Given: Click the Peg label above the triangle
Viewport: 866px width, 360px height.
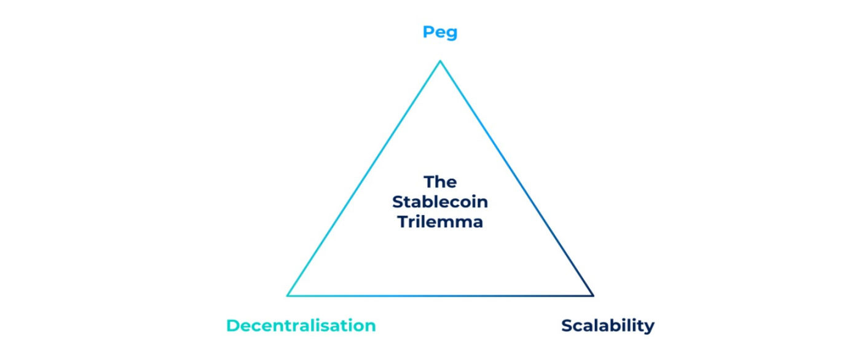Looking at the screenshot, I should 439,32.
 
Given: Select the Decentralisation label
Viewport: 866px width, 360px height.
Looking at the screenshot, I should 301,326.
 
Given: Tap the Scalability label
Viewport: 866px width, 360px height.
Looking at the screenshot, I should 607,326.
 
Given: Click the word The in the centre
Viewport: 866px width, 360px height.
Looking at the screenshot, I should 440,182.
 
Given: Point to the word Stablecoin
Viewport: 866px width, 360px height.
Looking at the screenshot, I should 440,202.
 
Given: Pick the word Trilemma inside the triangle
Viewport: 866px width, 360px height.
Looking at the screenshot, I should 440,222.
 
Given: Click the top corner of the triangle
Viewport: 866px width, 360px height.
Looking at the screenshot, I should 440,61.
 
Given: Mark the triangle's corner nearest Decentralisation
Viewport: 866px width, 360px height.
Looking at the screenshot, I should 288,295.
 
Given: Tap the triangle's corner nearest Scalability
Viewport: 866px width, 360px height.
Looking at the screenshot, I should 593,295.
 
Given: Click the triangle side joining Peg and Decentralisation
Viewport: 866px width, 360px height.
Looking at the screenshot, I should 364,178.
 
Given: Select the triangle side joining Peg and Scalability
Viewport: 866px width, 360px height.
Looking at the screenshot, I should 516,178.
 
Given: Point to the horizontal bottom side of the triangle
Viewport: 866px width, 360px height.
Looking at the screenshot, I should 440,295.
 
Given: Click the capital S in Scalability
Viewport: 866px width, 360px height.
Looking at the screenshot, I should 567,326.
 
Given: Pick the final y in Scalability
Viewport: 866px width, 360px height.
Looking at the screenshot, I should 649,327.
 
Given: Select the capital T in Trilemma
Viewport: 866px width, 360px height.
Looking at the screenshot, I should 403,222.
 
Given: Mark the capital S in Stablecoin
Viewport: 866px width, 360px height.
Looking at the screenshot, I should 397,202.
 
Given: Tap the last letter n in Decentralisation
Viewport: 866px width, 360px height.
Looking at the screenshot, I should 370,327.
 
